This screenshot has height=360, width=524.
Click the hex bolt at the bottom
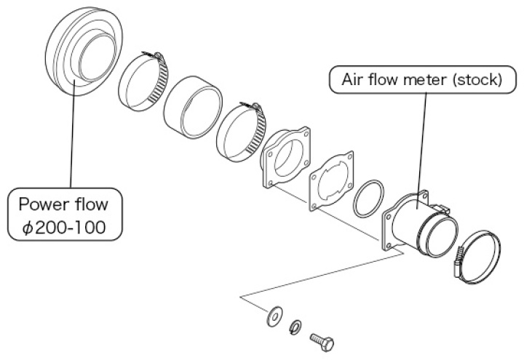[x=322, y=341]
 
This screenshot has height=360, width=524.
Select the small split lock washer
[x=295, y=327]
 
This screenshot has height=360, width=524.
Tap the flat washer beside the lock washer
[x=274, y=316]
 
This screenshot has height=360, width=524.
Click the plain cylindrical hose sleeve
[x=193, y=107]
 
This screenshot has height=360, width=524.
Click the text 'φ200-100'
[x=64, y=228]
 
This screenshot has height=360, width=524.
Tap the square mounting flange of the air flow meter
[x=389, y=231]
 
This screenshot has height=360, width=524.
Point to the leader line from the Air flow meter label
[x=421, y=151]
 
